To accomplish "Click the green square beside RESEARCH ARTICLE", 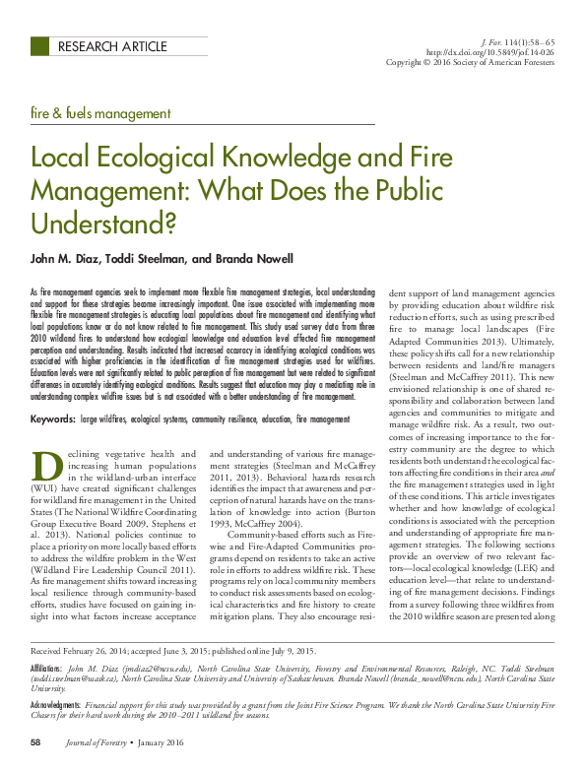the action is click(x=40, y=46).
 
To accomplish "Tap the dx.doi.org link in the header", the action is click(x=490, y=51).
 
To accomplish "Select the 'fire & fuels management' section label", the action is click(x=100, y=114).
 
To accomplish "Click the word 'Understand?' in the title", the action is click(x=103, y=224).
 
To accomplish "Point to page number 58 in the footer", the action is click(x=35, y=741).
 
